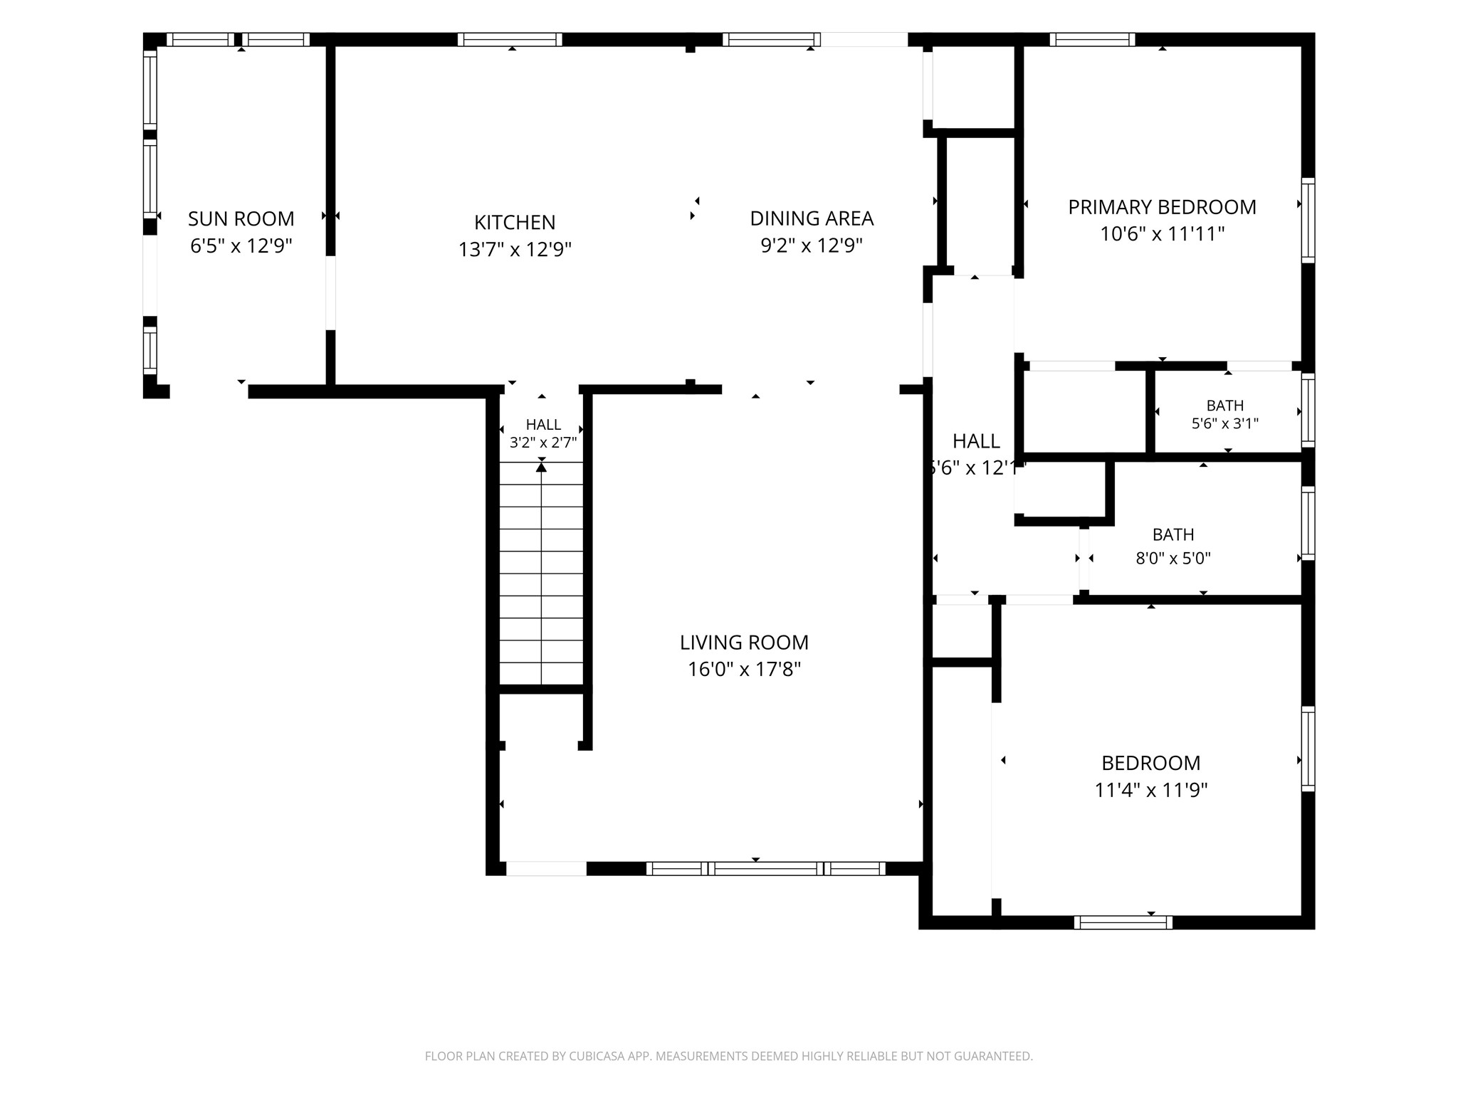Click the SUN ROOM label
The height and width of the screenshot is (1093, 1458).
(241, 218)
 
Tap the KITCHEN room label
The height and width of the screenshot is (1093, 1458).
(515, 222)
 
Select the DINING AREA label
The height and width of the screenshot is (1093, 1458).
(812, 218)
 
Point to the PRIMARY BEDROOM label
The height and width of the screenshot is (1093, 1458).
(1162, 207)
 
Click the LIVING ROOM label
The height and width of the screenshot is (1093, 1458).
(744, 643)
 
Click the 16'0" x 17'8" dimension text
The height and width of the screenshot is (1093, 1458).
(744, 670)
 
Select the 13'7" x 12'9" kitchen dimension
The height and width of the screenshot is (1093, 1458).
(515, 250)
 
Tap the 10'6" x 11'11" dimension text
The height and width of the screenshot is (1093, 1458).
(1162, 234)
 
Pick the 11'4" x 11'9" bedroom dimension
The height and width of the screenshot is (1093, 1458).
(1151, 790)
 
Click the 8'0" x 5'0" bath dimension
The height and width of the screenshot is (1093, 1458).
(1173, 559)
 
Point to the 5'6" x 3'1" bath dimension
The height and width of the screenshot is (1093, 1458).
(1225, 423)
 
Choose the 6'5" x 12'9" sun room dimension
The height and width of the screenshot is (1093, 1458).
(241, 246)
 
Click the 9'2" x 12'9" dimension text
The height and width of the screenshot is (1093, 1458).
(812, 245)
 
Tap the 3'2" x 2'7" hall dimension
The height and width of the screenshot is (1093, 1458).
(543, 443)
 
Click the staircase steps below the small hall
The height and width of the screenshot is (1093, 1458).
(542, 574)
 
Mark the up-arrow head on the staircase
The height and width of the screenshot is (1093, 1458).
(541, 467)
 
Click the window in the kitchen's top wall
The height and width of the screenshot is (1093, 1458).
(510, 39)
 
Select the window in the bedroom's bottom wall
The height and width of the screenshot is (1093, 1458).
(1123, 922)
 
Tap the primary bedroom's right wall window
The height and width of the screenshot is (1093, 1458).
(1308, 220)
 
